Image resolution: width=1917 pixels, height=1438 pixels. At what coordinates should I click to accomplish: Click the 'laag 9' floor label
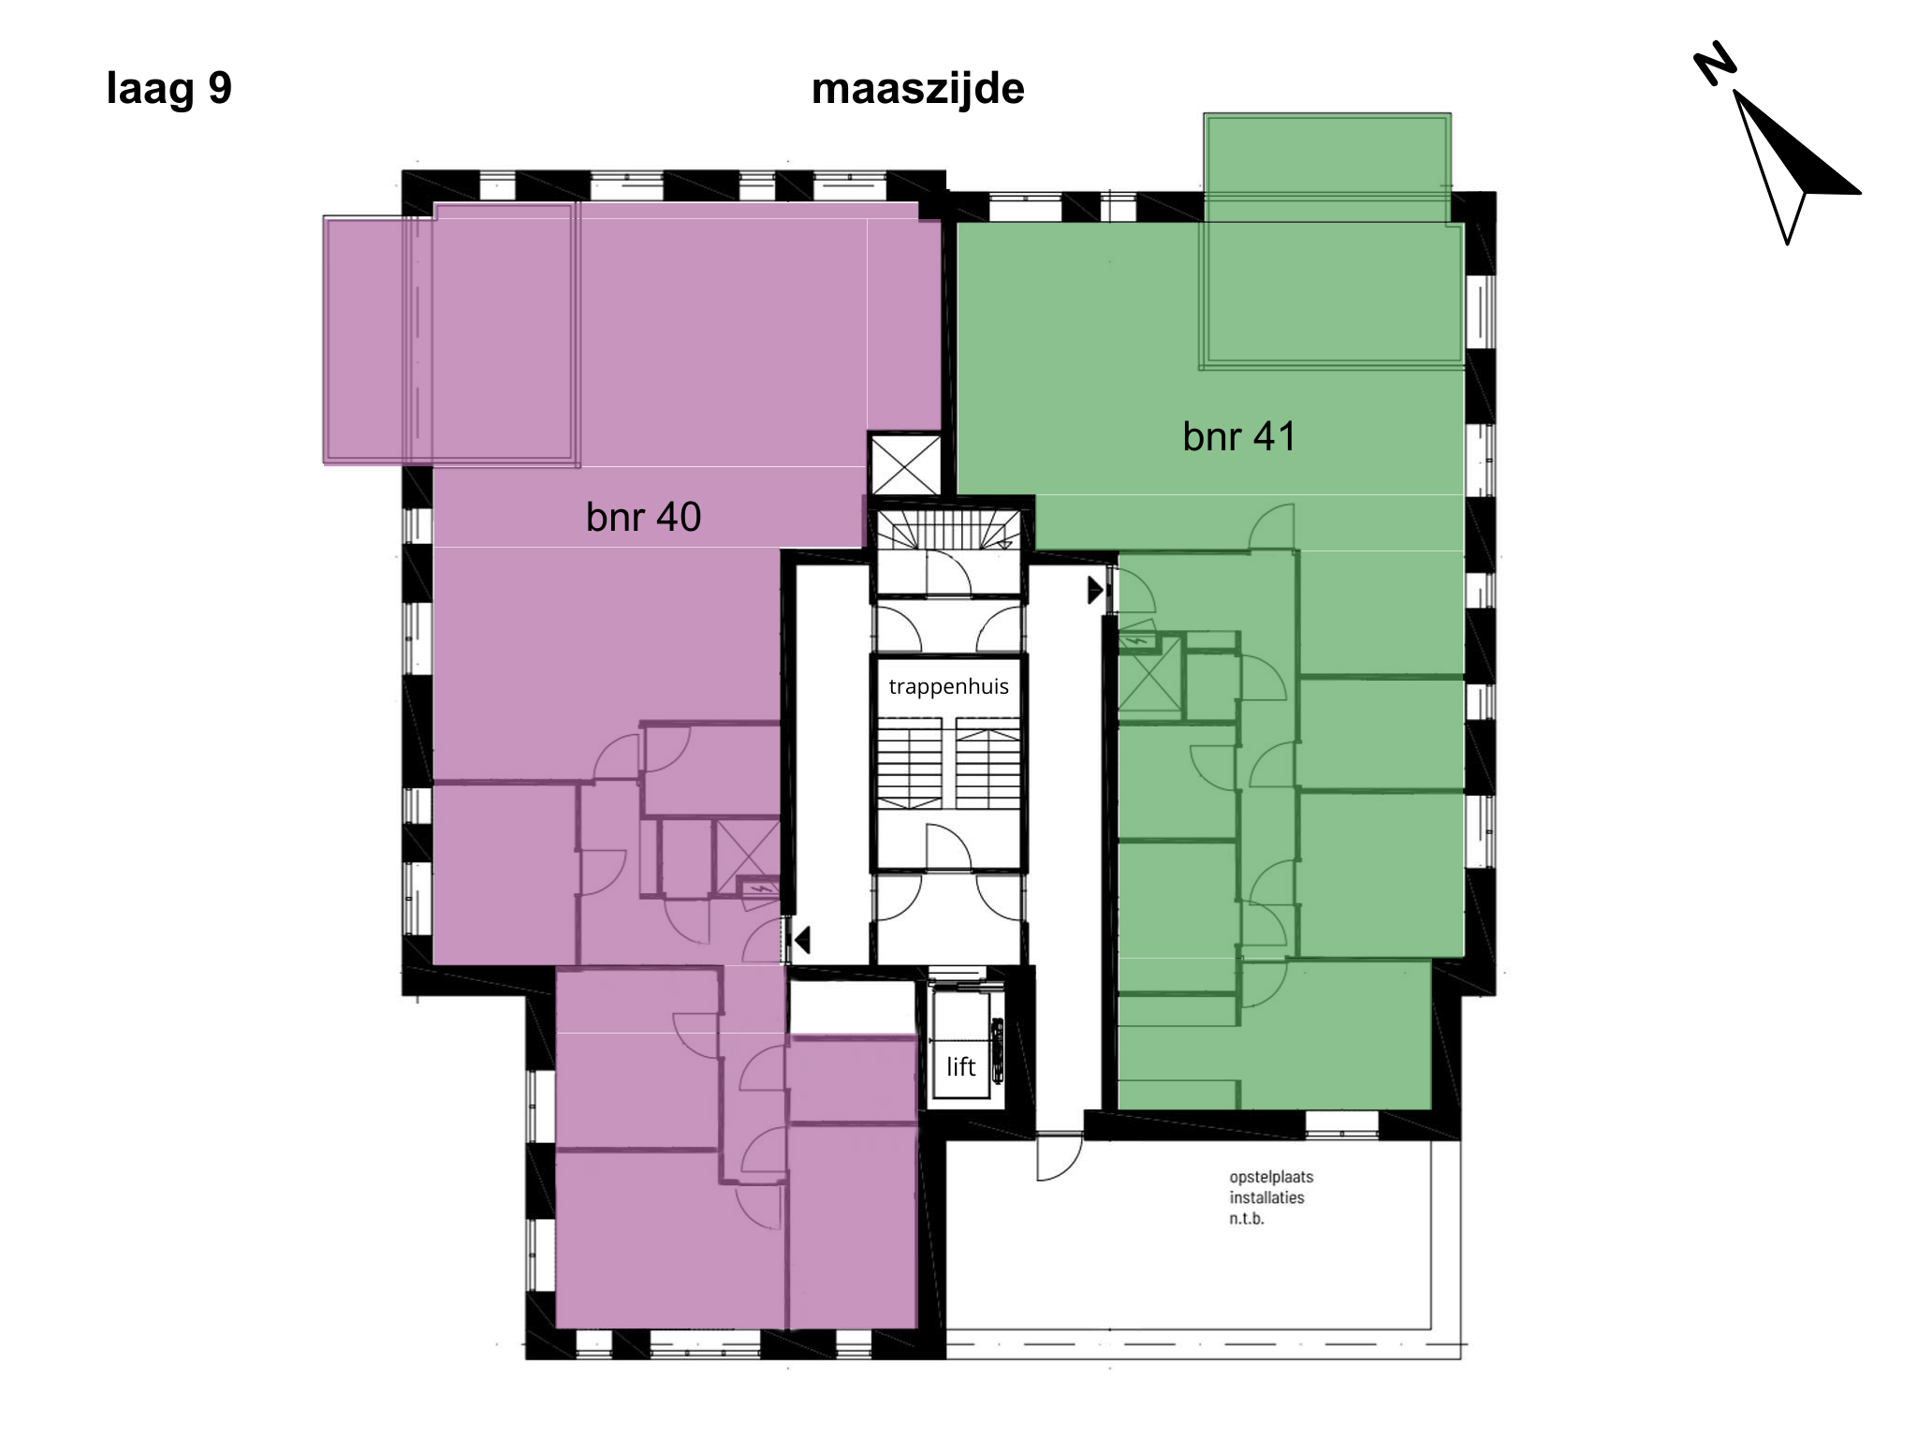168,89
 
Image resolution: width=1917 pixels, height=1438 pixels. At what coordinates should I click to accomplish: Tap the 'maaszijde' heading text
917,89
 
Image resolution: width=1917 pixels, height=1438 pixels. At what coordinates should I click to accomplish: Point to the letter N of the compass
1715,64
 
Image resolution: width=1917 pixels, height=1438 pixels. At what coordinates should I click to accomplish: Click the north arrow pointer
1793,164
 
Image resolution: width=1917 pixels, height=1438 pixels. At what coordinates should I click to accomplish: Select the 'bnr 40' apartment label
643,517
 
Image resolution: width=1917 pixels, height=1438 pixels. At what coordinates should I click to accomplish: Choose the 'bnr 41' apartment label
1238,436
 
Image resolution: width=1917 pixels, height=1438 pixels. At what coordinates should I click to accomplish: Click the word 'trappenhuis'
948,686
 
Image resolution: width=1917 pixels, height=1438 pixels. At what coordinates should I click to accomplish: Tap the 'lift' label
960,1066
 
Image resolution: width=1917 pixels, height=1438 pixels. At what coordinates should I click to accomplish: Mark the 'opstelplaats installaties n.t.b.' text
1271,1197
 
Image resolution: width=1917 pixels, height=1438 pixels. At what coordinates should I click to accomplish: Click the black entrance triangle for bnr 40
801,939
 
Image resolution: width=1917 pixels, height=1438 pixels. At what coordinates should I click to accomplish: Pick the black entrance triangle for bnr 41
1095,591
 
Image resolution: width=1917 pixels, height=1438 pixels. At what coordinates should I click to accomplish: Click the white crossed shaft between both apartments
904,463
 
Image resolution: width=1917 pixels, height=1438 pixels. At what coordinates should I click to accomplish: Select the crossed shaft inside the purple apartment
747,856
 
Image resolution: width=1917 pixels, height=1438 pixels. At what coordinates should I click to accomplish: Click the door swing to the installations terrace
1060,1157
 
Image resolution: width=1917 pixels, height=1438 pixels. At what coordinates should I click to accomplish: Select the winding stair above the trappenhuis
948,530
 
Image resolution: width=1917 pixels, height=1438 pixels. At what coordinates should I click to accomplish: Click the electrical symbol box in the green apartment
1136,642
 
